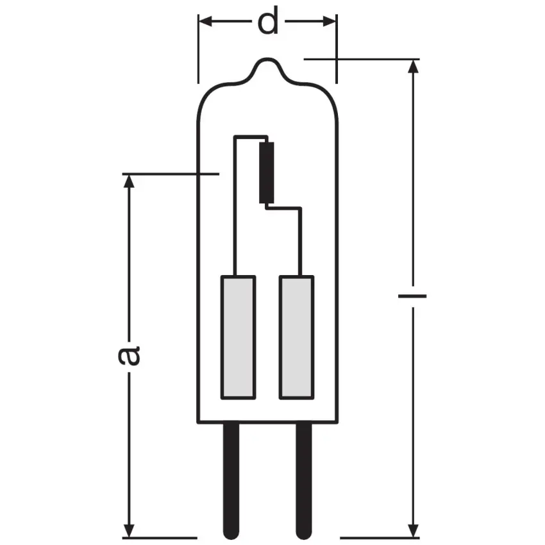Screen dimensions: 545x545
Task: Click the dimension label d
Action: click(x=267, y=22)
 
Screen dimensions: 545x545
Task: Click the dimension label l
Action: click(x=412, y=296)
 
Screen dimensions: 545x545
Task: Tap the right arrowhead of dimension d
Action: click(x=330, y=22)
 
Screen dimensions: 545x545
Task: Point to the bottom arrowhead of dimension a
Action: click(x=130, y=529)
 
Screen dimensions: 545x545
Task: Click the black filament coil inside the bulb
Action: click(x=267, y=172)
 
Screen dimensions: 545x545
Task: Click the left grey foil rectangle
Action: click(x=238, y=337)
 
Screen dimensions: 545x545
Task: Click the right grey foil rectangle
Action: click(x=296, y=337)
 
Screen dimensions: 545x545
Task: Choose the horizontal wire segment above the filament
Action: click(x=251, y=136)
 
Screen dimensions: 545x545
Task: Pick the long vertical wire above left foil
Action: click(x=235, y=205)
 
